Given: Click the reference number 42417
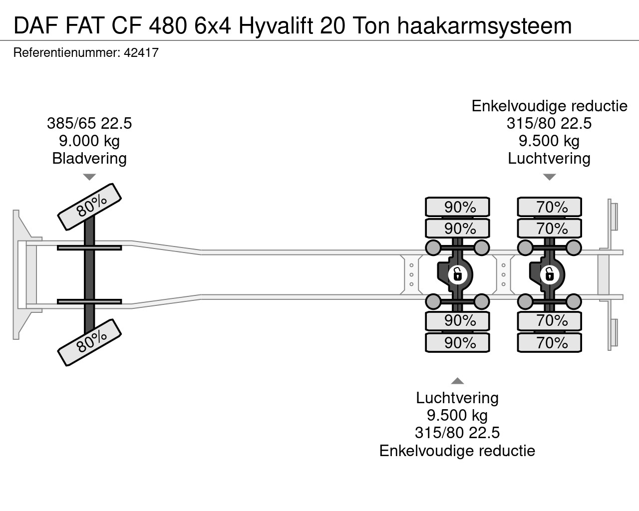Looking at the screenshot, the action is pos(141,53).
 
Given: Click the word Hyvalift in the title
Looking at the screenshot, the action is pos(276,26).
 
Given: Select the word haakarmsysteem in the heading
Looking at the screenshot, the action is pos(484,26).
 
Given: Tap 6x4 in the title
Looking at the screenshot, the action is pos(212,26).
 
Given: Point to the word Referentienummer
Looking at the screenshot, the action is pos(66,53).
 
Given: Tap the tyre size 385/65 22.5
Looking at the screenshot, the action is pos(89,123).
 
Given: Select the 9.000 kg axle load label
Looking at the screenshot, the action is pos(89,141).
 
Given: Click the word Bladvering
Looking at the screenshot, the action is pos(89,158).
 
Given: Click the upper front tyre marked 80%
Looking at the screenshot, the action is pos(89,207).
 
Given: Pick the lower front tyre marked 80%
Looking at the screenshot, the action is pos(89,343).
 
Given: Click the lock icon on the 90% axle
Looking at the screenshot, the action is pos(458,274).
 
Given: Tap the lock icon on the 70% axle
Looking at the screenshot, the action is pos(550,274).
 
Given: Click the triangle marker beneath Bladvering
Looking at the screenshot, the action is pos(89,177).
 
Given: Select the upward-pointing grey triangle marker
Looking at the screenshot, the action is pos(457,381).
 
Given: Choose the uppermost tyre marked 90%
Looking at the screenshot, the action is pos(457,207).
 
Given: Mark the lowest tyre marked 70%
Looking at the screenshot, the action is pos(549,343).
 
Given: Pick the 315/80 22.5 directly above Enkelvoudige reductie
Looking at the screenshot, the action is pos(457,433).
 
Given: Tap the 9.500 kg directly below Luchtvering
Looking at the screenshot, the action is pos(457,415).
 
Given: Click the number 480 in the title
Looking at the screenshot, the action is pos(168,26).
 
